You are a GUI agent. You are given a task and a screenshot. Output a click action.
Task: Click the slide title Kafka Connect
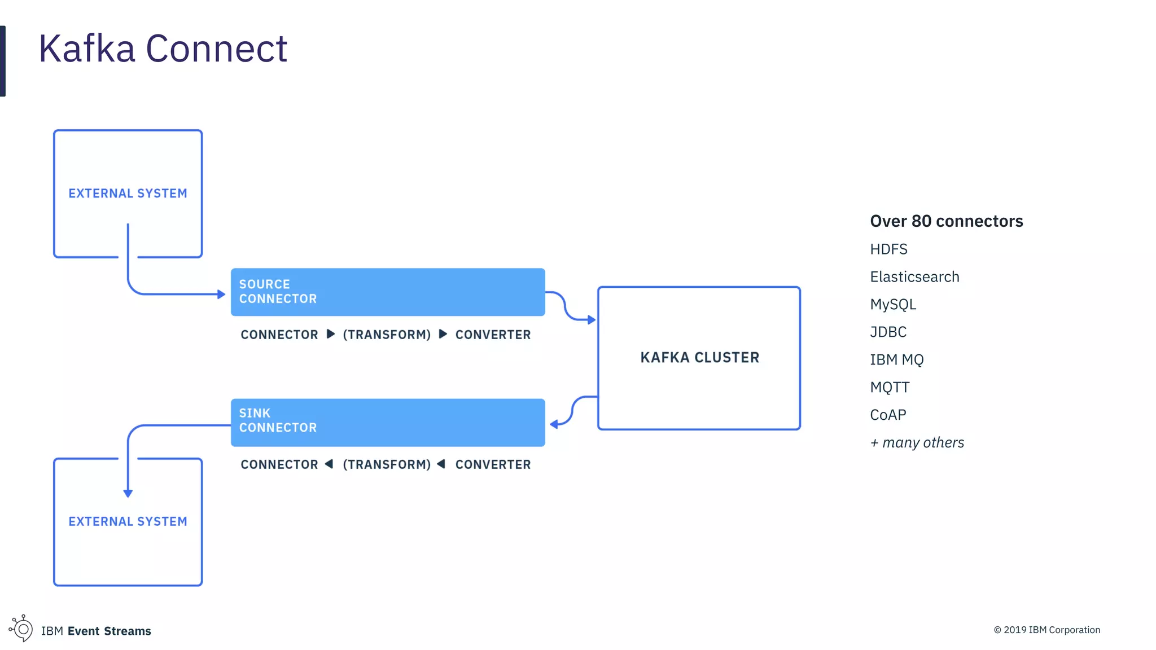(163, 49)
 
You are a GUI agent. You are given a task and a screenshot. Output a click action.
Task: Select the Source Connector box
(388, 292)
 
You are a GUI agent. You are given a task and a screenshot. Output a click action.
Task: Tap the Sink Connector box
(388, 422)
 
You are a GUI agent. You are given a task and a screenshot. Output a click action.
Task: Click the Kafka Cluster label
(699, 358)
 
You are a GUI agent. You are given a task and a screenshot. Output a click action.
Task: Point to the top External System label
(128, 194)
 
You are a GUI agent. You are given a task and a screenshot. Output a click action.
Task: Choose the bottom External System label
(128, 521)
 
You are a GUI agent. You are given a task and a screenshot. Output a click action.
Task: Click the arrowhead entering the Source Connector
(221, 294)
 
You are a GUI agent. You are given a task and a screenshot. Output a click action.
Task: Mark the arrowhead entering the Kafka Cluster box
(592, 320)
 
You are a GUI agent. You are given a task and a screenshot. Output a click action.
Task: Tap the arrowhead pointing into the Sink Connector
(554, 424)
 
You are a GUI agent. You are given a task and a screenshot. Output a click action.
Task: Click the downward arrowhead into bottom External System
(128, 493)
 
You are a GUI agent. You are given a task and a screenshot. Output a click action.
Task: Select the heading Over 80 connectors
(946, 221)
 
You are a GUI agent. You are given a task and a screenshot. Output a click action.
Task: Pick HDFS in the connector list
(888, 249)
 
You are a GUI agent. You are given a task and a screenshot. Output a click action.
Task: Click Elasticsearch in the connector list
(914, 277)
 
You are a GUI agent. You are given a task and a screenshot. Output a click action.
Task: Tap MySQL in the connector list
(893, 305)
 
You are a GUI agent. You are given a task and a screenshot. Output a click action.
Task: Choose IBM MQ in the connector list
(896, 359)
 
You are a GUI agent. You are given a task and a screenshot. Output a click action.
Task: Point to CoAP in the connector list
(888, 415)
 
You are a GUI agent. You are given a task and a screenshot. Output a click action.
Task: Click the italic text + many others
(917, 442)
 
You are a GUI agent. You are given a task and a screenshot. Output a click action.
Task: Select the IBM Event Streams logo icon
(21, 628)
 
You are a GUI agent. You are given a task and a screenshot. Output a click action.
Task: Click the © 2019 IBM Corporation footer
(1046, 630)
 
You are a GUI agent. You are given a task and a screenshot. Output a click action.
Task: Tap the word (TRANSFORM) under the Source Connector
(387, 335)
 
